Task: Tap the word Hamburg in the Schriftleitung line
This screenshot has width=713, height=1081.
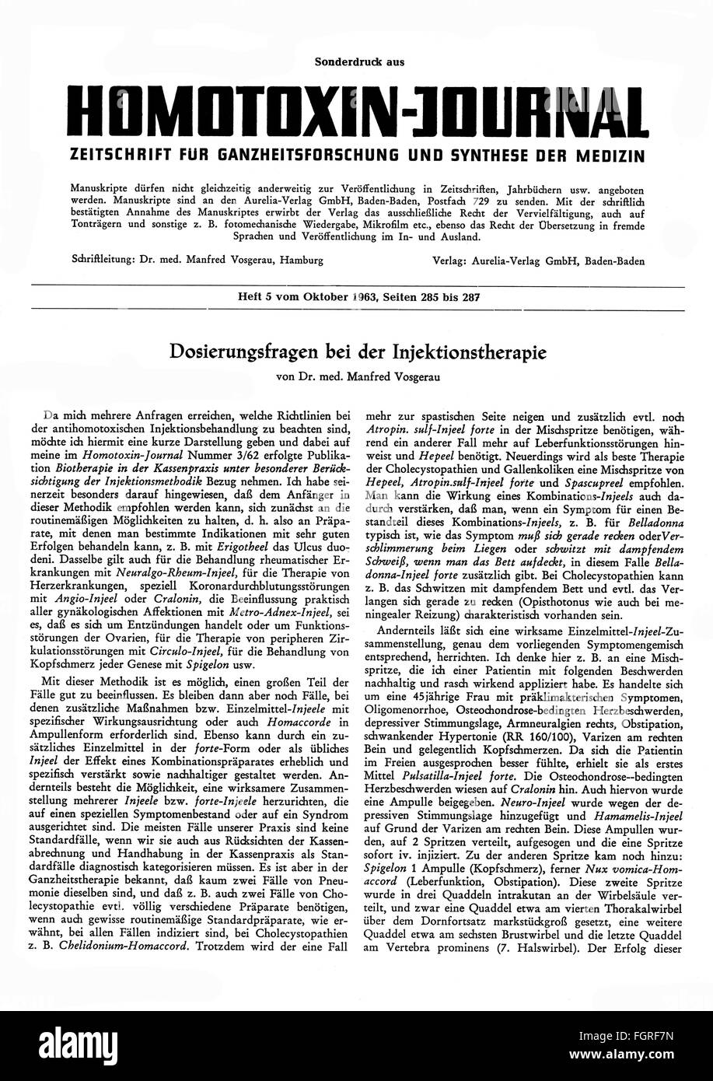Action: [299, 261]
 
